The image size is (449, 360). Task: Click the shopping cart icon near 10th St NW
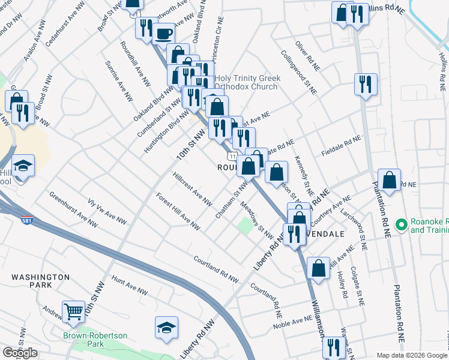pyautogui.click(x=73, y=311)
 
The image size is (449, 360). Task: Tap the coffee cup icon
pyautogui.click(x=163, y=34)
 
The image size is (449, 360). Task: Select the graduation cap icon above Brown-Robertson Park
pyautogui.click(x=166, y=328)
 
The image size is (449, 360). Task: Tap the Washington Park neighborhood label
pyautogui.click(x=40, y=281)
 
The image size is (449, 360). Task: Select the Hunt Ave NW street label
pyautogui.click(x=130, y=286)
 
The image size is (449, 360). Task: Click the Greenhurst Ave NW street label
pyautogui.click(x=73, y=209)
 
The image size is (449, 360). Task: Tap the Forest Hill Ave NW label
pyautogui.click(x=178, y=211)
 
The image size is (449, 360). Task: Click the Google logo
pyautogui.click(x=20, y=353)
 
